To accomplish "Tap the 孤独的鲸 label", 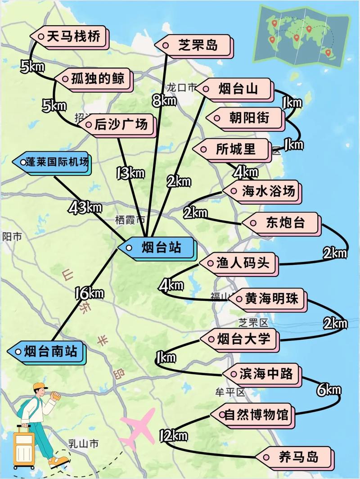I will tap(96, 79).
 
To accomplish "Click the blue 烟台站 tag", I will tap(157, 248).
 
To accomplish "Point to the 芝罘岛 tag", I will tap(193, 45).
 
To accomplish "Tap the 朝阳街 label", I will tap(245, 118).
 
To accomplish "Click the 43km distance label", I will tap(85, 208).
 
